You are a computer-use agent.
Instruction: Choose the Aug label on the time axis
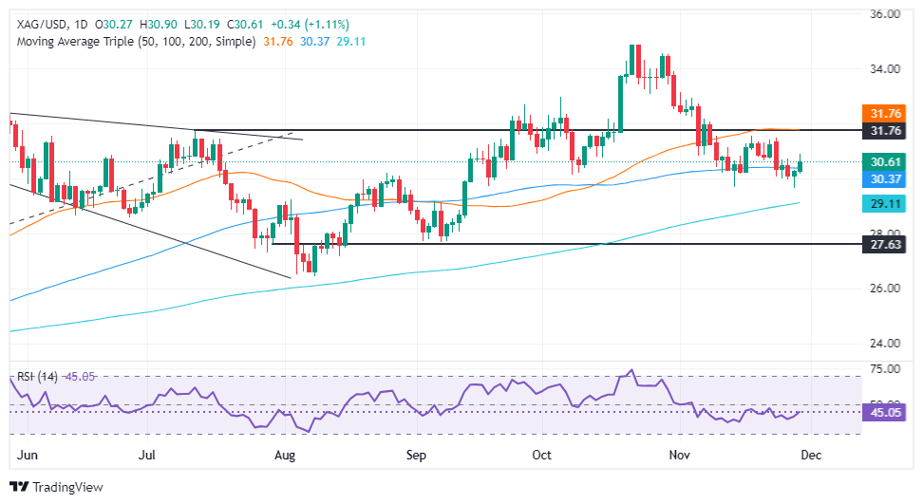click(x=286, y=454)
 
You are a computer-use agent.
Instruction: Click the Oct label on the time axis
click(x=542, y=454)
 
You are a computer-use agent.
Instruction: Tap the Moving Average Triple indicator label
click(x=133, y=42)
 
